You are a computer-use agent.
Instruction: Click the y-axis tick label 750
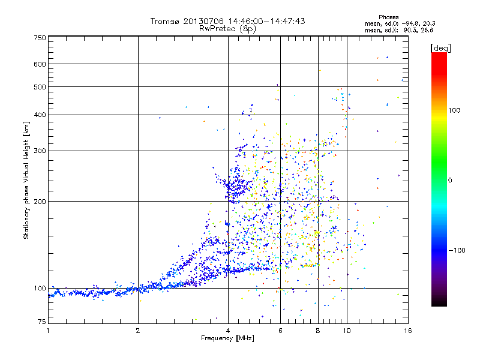pos(40,38)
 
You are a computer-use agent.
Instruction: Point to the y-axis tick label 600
pos(40,64)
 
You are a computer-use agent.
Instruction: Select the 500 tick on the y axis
pos(40,87)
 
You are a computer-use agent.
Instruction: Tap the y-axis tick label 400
pos(40,115)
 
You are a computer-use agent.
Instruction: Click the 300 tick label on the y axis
pos(40,151)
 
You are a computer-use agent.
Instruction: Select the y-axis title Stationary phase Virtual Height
pos(26,180)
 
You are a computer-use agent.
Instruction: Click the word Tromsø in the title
pos(166,21)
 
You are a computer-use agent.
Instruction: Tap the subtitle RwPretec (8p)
pos(228,28)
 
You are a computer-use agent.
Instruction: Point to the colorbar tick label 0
pos(450,180)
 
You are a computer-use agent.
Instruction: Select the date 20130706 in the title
pos(201,21)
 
